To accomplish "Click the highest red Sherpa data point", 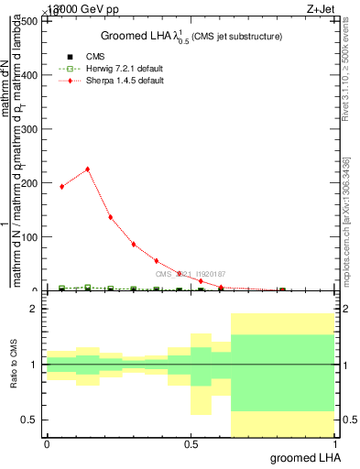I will (x=87, y=169).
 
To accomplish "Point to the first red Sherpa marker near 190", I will (x=61, y=186).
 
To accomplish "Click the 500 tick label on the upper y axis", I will (x=29, y=21).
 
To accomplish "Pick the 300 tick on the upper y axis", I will (x=29, y=129).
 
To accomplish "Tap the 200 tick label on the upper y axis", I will (x=29, y=183).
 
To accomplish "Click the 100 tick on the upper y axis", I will (x=29, y=237).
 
